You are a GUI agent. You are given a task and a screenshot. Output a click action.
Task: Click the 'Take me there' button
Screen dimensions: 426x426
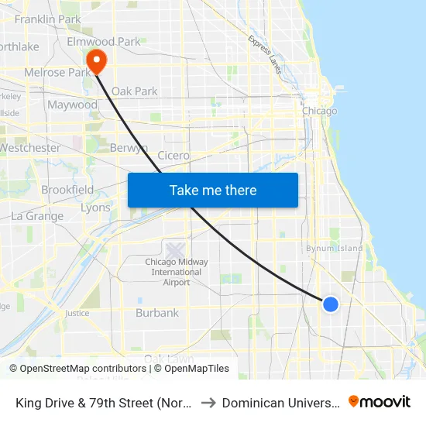coord(213,190)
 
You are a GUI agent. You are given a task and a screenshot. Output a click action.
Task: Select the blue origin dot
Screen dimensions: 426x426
coord(331,304)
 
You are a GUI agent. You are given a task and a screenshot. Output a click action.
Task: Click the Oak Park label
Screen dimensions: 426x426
coord(134,91)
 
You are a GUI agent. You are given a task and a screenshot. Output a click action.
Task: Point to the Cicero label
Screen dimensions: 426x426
coord(173,155)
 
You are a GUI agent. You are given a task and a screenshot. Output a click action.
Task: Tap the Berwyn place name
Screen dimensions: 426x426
coord(129,148)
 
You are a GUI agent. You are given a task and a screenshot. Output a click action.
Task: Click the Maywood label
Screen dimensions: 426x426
coord(72,105)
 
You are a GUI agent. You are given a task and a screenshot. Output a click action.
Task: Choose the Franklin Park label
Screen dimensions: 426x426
coord(47,19)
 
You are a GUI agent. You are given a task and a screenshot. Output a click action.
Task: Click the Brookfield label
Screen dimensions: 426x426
coord(67,189)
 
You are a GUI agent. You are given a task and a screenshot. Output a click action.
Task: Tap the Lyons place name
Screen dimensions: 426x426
coord(95,208)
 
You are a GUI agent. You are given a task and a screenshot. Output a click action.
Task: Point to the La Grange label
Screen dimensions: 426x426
coord(37,216)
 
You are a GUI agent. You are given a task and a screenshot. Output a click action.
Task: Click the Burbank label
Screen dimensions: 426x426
coord(157,313)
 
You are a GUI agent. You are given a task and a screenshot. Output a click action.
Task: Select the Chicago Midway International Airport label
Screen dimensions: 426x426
coord(177,272)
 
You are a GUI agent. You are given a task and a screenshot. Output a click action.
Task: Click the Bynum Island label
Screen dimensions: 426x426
coord(334,248)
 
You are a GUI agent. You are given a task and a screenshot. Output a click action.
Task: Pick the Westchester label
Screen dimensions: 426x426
coord(31,147)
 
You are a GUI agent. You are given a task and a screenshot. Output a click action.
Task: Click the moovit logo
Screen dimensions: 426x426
coord(379,402)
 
